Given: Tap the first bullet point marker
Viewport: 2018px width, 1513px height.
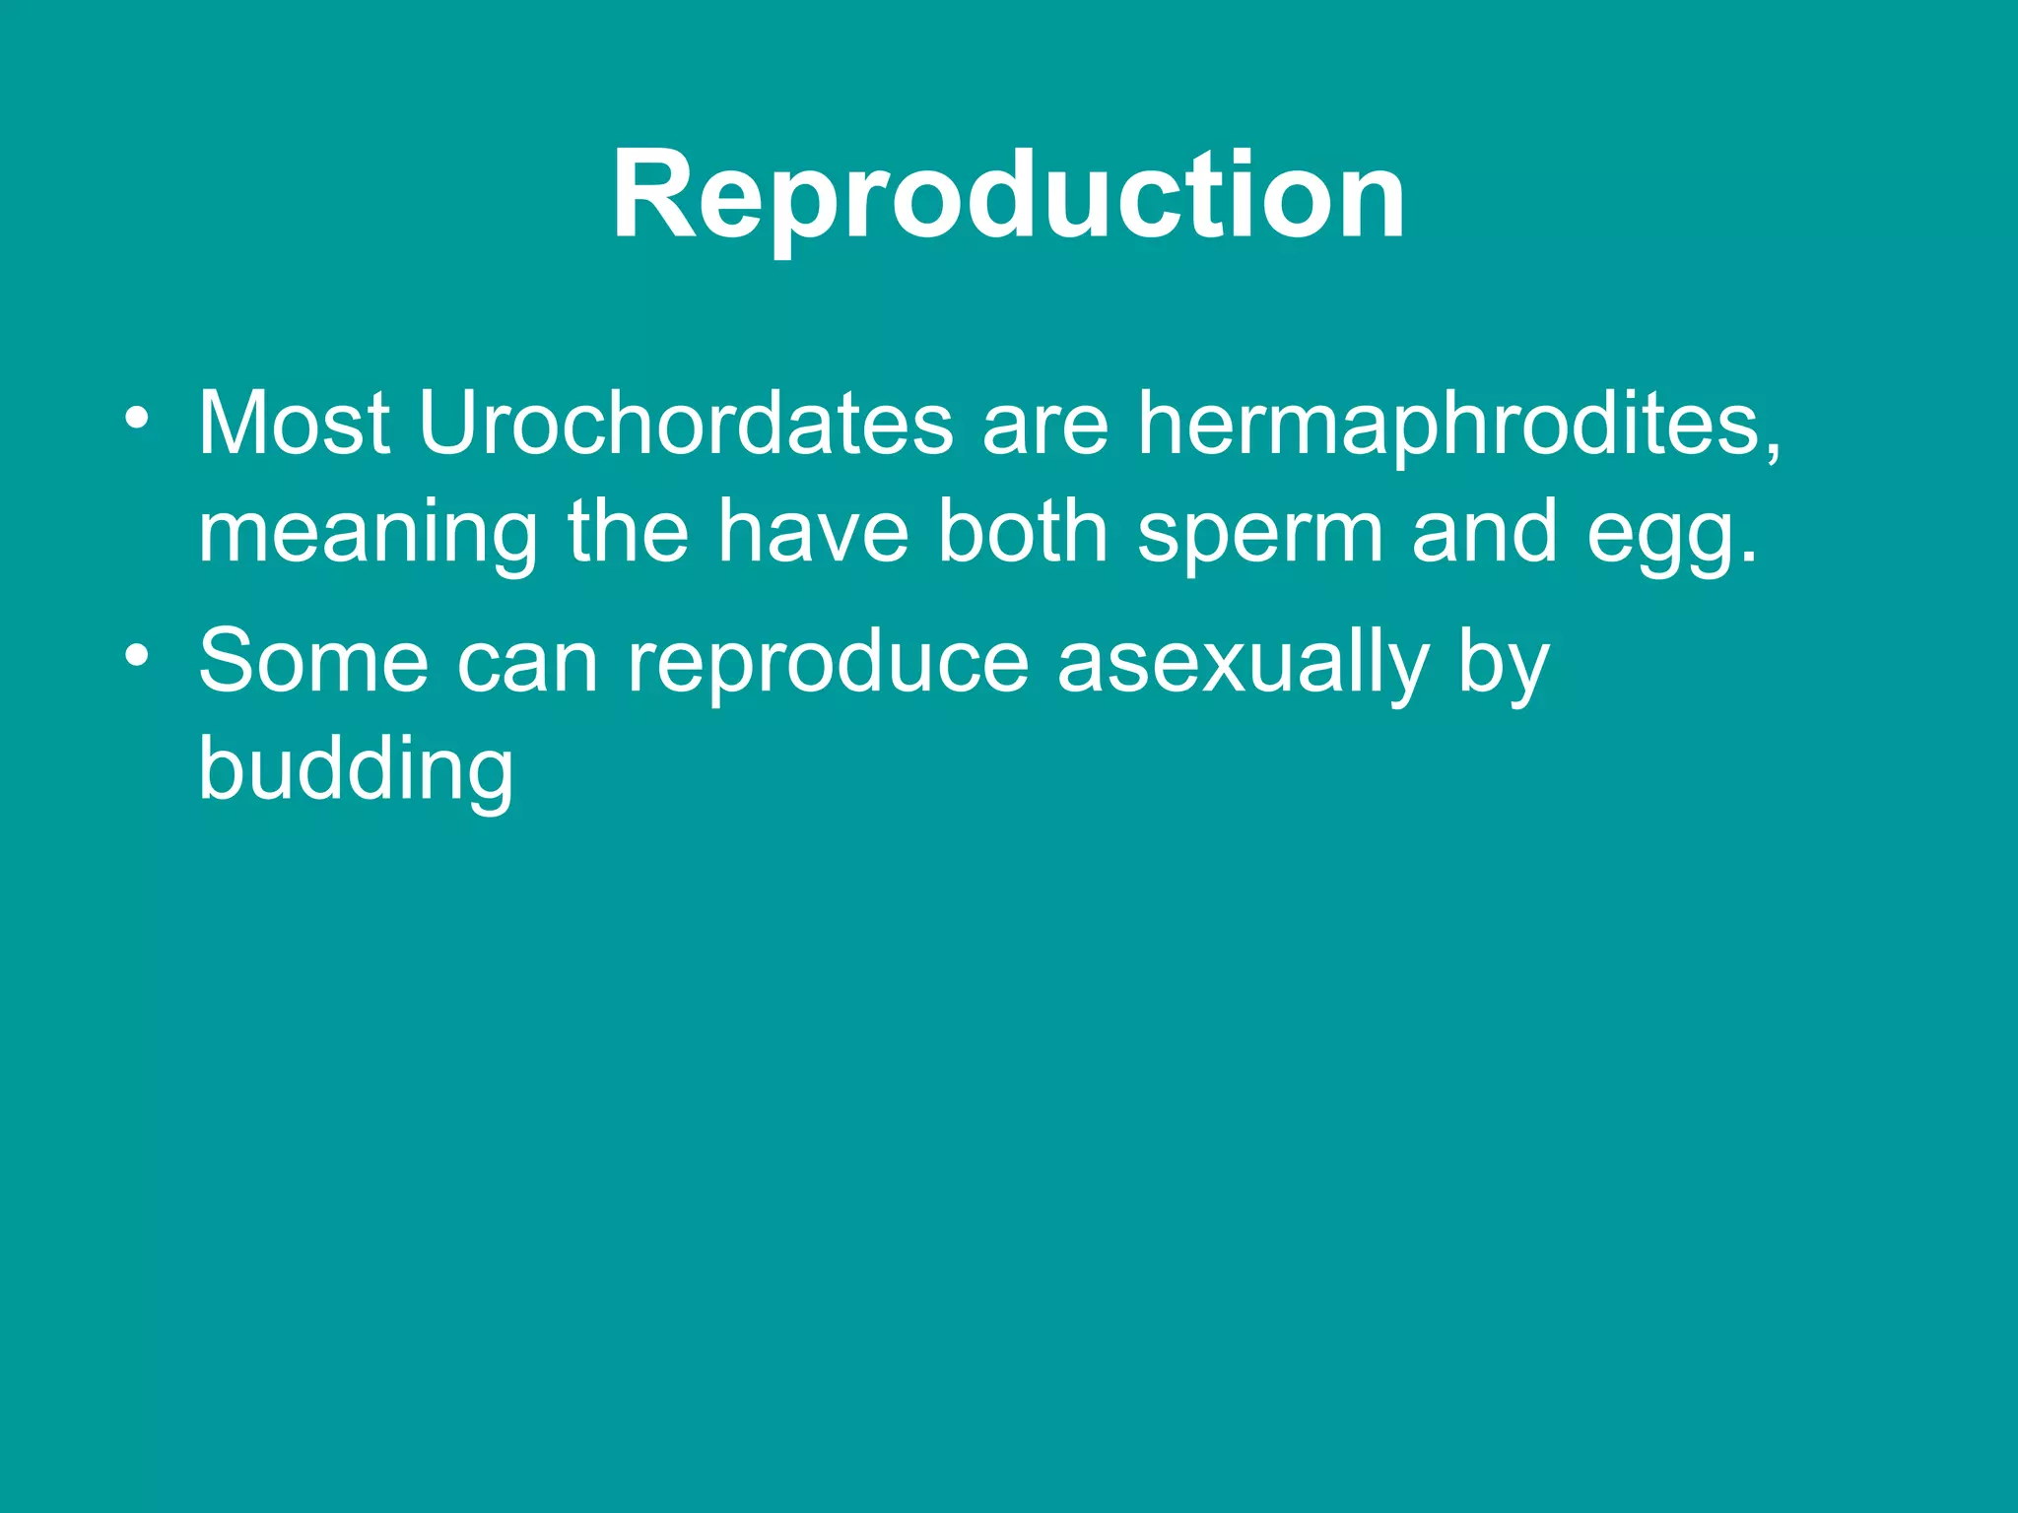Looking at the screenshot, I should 137,419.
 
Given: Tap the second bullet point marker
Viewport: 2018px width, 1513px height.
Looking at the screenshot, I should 137,655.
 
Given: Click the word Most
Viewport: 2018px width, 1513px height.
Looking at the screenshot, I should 294,425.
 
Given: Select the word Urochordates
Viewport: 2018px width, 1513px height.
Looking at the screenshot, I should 685,425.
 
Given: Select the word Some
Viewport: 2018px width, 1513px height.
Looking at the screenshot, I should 313,661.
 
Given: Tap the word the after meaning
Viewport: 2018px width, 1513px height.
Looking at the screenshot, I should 627,532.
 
